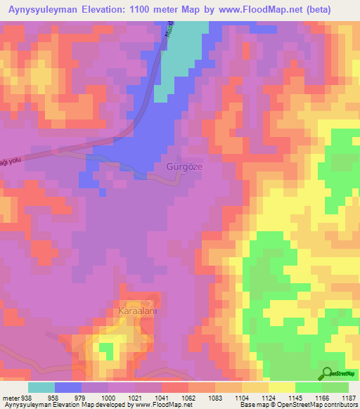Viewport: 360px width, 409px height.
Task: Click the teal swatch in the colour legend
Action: pyautogui.click(x=41, y=387)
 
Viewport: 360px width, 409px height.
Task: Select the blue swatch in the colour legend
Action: pyautogui.click(x=68, y=387)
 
